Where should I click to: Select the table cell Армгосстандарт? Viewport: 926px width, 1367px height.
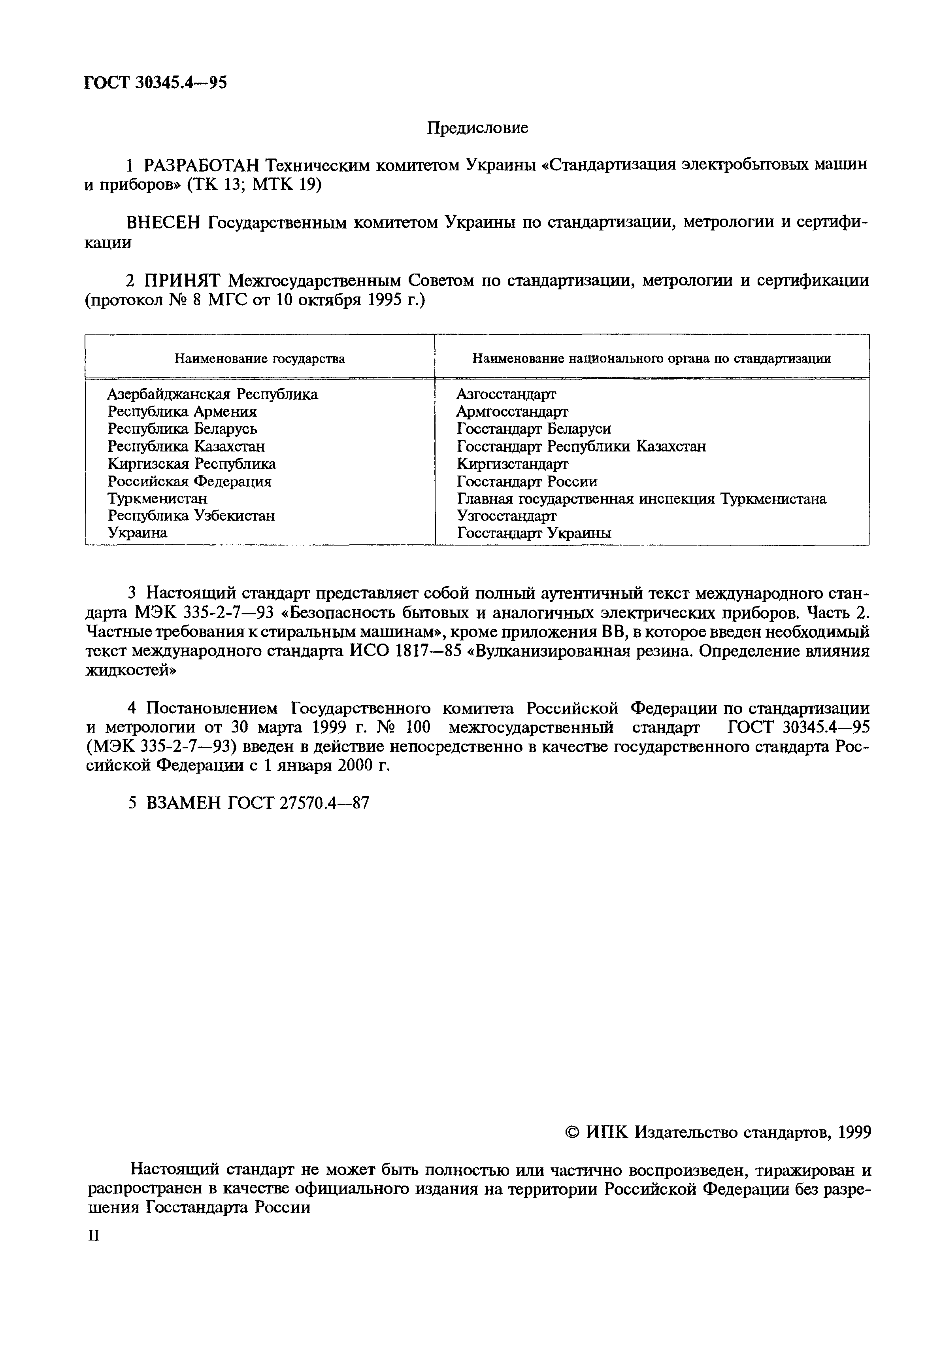tap(512, 411)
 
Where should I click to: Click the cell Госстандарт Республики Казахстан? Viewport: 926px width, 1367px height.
tap(581, 446)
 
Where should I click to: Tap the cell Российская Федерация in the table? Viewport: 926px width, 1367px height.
tap(189, 481)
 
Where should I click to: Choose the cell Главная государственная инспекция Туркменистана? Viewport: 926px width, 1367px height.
tap(641, 499)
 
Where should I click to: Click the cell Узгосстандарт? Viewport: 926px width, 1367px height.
tap(506, 516)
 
